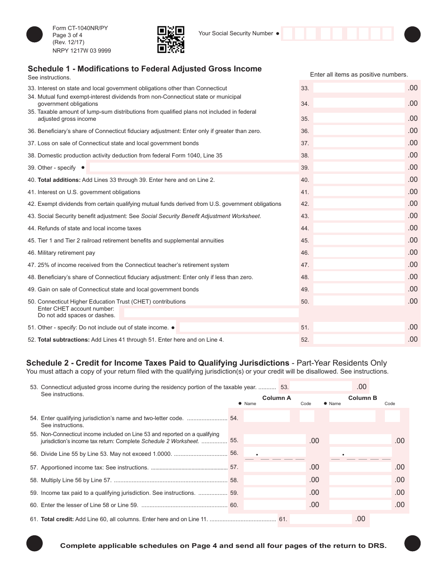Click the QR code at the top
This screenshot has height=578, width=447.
[x=170, y=39]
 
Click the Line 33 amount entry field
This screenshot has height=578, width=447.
[x=359, y=88]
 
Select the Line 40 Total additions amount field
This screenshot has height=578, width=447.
[x=359, y=180]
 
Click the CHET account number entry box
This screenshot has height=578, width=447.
[x=211, y=312]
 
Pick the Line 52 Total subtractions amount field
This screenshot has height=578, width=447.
[x=359, y=339]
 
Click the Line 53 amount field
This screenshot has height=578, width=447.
[x=321, y=387]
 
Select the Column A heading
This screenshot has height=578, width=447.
[x=277, y=398]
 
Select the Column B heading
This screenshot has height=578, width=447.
[x=362, y=398]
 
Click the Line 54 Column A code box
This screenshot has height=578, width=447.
[x=307, y=416]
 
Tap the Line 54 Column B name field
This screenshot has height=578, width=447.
[x=352, y=416]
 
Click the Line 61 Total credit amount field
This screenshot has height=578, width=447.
[x=321, y=519]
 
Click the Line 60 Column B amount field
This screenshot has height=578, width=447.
[x=360, y=505]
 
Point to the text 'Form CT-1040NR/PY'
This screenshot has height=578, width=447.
[x=80, y=28]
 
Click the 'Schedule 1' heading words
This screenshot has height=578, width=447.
[x=50, y=69]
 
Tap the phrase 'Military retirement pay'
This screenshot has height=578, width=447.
[x=66, y=253]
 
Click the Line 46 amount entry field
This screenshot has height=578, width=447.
[x=359, y=252]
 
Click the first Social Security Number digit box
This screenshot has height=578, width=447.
[x=287, y=34]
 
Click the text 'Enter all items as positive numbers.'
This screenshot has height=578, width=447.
[x=359, y=74]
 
